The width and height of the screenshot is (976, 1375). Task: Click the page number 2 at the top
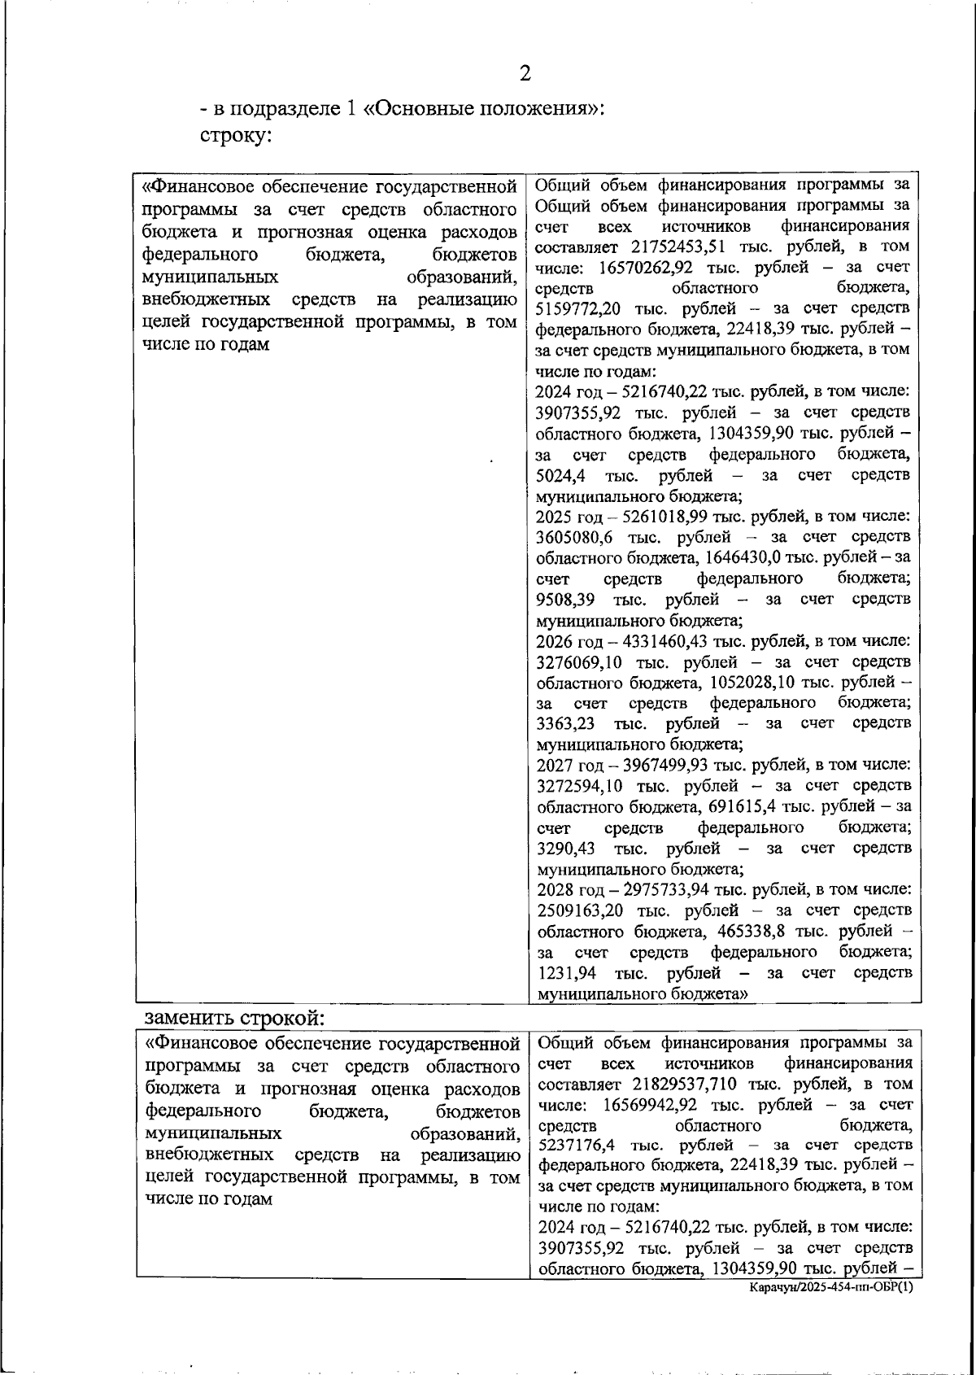click(x=525, y=74)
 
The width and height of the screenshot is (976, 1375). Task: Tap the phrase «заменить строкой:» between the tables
click(x=234, y=1018)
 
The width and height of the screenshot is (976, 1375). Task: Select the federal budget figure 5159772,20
click(x=581, y=309)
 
